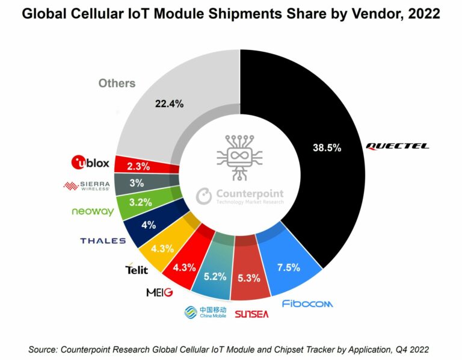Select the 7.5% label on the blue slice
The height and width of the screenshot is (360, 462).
(289, 267)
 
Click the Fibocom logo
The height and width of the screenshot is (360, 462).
(307, 303)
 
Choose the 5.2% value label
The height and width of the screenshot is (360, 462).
(214, 277)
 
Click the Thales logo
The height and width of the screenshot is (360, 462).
(103, 241)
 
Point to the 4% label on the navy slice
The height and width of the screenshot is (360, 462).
(149, 225)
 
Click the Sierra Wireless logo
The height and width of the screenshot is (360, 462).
(87, 185)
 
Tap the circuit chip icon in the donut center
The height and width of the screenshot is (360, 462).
(239, 156)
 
